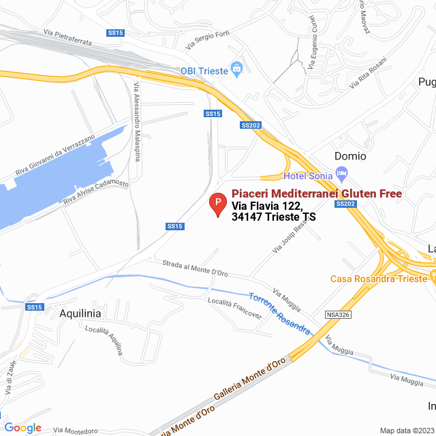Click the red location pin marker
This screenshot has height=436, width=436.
coord(217,204)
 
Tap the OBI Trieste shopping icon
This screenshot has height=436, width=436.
coord(236,68)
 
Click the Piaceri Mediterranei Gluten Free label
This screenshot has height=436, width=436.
coord(317,193)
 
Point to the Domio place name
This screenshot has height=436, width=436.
coord(350,156)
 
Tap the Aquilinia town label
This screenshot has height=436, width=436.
coord(80,313)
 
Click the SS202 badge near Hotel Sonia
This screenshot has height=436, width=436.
coord(346,204)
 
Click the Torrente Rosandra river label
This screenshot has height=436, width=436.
coord(279,315)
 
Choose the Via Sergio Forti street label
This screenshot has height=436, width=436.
coord(208,40)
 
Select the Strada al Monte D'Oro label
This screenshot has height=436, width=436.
coord(196,268)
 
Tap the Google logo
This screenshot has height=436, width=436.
coord(22,428)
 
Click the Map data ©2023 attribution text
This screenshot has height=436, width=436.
coord(405,430)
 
